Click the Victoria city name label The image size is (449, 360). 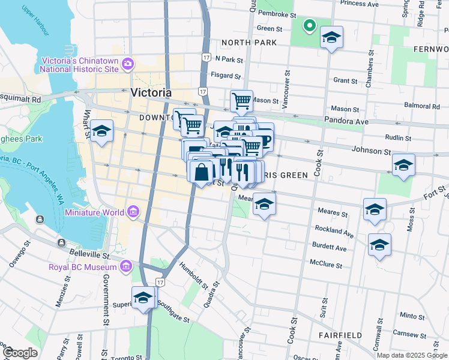click(151, 93)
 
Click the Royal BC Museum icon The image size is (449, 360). click(125, 266)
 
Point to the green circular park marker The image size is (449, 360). click(310, 25)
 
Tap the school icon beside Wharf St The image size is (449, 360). click(102, 131)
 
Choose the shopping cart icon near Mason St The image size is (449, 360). click(241, 100)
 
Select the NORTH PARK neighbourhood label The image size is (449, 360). click(249, 43)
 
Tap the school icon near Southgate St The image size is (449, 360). click(143, 297)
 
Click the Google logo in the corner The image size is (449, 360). click(19, 353)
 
